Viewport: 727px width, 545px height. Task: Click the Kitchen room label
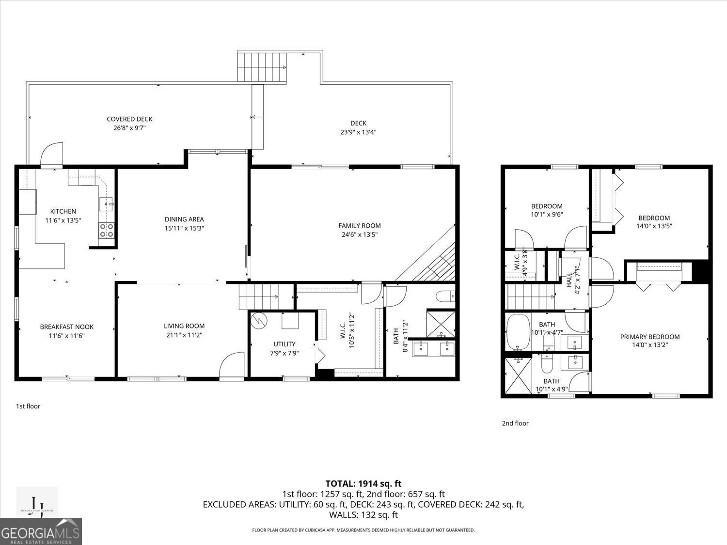click(x=63, y=211)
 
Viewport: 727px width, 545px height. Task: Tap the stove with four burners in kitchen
click(x=107, y=230)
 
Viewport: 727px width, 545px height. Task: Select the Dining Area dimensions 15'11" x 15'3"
click(x=184, y=228)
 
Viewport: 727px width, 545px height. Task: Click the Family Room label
click(x=359, y=225)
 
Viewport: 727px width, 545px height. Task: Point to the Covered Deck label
click(x=129, y=119)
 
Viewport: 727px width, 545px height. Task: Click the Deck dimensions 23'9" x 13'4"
click(x=358, y=132)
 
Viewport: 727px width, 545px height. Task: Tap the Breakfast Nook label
click(x=66, y=327)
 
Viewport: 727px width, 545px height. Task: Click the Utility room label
click(x=284, y=344)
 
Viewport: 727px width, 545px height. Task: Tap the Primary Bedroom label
click(x=649, y=337)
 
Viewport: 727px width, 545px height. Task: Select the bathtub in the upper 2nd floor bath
click(x=518, y=332)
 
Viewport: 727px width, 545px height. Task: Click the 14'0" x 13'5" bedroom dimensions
click(x=654, y=226)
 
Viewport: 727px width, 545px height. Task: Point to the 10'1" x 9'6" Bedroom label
click(x=546, y=206)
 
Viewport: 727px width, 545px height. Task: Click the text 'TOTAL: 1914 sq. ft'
click(x=363, y=483)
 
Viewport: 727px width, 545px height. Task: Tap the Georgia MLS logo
click(x=41, y=531)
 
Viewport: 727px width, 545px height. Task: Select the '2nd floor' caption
click(x=515, y=423)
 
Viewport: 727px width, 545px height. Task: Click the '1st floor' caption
click(x=28, y=406)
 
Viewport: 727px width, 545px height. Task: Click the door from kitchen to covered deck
click(x=51, y=155)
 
